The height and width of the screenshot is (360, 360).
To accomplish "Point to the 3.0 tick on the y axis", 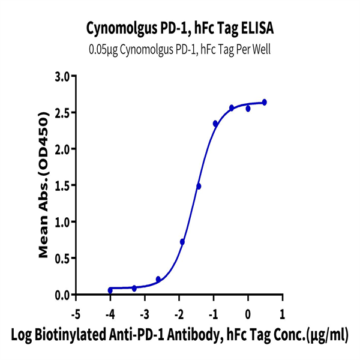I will point(62,76).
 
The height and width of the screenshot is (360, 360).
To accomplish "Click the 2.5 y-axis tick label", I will point(62,113).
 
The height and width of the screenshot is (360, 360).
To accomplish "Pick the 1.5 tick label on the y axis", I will point(62,185).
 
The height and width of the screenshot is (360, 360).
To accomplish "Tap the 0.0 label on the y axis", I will point(62,295).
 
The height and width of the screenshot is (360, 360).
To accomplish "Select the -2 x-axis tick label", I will point(179,314).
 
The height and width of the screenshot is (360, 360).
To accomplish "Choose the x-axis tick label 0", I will point(248,314).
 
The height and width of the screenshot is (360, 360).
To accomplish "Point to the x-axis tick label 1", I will point(283,314).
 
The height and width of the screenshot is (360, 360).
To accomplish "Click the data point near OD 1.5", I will point(199,186).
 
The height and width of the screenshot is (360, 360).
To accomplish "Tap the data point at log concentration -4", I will point(110,290).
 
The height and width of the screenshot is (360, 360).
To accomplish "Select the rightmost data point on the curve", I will point(265,103).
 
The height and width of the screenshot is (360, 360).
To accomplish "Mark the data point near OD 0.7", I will point(182,242).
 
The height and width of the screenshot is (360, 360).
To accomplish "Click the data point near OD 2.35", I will point(215,124).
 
